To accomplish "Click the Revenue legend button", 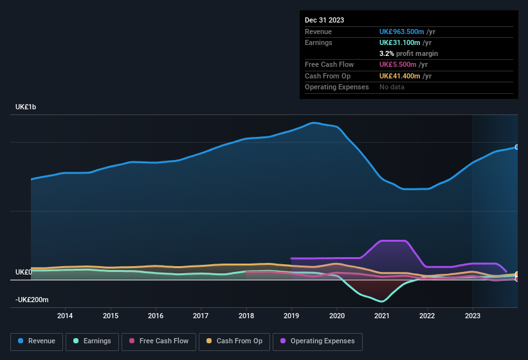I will pos(36,341).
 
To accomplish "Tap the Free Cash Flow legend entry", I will pos(159,341).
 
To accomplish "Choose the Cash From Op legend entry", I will pos(234,341).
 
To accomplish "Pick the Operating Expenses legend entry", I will pos(317,341).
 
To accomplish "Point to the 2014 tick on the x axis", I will pos(65,316).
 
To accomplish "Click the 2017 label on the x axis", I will pos(201,316).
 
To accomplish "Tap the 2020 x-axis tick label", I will pos(337,316).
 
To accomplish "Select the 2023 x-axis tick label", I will pos(473,316).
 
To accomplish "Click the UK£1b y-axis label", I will pos(26,107).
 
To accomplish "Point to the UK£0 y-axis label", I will pos(24,273).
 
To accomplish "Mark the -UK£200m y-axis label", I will pos(32,300).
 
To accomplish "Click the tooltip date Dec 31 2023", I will pos(324,20).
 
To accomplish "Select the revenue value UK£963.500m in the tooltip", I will pos(401,32).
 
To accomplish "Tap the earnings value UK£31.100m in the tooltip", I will pos(399,42).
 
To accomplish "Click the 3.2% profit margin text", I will pos(408,53).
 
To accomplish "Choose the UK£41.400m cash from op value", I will pos(399,76).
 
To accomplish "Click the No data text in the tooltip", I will pos(392,87).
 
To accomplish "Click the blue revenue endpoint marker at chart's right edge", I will pos(517,147).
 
